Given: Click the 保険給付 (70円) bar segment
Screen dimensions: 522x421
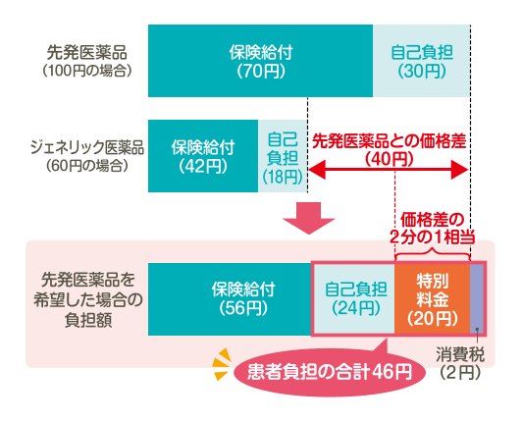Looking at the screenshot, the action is click(x=260, y=61).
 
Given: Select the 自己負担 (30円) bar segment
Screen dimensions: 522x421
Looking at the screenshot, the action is click(x=422, y=61).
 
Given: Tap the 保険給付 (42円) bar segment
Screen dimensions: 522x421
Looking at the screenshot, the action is click(x=203, y=156).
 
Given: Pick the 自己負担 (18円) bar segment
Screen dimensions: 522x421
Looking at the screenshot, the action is click(x=283, y=156).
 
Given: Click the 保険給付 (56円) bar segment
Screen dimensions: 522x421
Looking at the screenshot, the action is click(x=230, y=299).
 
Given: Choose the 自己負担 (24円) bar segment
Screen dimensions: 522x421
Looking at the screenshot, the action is click(x=354, y=298).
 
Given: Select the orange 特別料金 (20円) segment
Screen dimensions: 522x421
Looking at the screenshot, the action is click(x=432, y=298).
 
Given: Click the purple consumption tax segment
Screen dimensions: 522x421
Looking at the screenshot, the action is click(x=477, y=298).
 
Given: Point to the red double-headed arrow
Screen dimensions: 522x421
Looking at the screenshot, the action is click(x=389, y=169).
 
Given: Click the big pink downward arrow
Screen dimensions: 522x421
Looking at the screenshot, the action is click(x=309, y=218).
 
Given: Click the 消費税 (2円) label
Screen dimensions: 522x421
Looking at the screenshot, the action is click(x=460, y=363).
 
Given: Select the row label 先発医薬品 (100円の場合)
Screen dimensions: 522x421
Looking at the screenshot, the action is click(x=87, y=61).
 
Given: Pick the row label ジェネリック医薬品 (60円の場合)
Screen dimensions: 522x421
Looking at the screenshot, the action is click(x=87, y=156).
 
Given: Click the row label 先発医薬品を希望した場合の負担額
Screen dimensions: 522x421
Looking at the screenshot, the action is click(x=88, y=299).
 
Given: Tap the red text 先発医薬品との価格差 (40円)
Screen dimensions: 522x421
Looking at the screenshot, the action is click(x=389, y=150).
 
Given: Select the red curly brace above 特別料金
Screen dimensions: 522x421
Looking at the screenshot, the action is click(x=432, y=255).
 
